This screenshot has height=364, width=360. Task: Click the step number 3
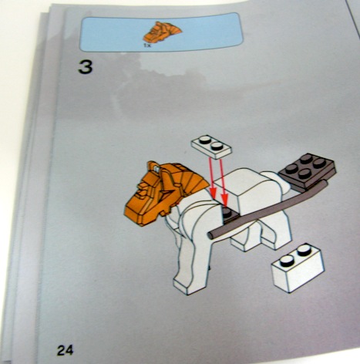[86, 67]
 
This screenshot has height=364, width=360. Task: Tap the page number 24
[65, 350]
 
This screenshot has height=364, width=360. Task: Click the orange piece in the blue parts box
[162, 32]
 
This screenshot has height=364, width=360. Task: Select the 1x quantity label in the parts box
[148, 45]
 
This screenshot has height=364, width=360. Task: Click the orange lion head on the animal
[164, 191]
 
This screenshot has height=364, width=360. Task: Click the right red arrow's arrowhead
[224, 201]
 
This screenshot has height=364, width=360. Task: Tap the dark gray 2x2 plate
[308, 172]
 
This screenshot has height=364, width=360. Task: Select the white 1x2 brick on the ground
[298, 268]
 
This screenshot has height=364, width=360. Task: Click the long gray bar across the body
[267, 209]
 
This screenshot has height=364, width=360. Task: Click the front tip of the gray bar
[210, 234]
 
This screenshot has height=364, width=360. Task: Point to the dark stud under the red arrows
[227, 212]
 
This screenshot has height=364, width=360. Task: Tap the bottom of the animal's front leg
[189, 285]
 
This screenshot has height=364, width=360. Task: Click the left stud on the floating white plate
[205, 140]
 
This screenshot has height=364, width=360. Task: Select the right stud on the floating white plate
[216, 146]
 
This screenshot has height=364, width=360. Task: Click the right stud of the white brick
[304, 250]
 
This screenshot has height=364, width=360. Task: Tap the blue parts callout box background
[206, 32]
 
